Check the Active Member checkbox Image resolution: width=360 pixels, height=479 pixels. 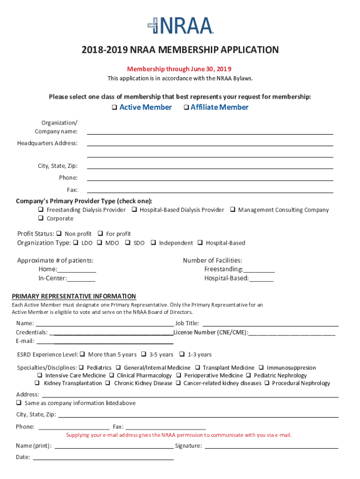click(115, 108)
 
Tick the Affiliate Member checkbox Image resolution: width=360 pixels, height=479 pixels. click(186, 108)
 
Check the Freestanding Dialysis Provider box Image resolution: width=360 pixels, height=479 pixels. click(41, 210)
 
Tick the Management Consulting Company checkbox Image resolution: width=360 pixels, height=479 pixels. click(232, 210)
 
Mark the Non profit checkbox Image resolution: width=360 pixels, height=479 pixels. click(59, 233)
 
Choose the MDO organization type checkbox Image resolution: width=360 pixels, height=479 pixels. click(100, 243)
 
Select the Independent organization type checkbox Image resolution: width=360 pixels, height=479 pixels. click(153, 243)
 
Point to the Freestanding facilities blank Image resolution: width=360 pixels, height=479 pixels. click(259, 269)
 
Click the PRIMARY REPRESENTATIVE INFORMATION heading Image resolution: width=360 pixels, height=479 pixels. click(74, 296)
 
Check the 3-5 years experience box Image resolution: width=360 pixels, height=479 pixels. click(144, 354)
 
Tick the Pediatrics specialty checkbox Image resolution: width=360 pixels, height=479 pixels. click(81, 368)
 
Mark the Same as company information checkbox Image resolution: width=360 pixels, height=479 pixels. click(19, 403)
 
